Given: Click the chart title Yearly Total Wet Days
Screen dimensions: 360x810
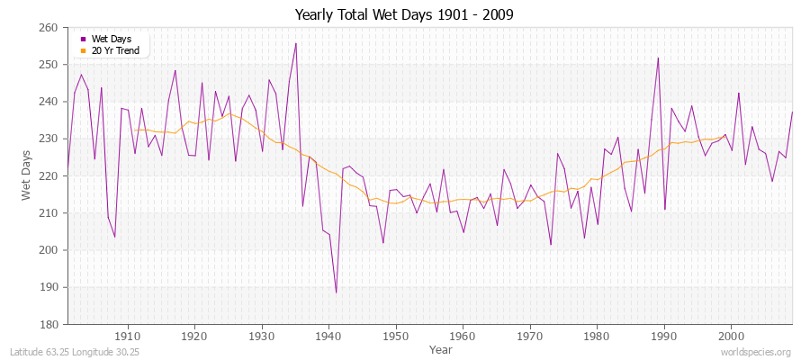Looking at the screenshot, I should (404, 15).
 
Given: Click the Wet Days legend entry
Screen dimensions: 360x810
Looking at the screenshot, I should (112, 39).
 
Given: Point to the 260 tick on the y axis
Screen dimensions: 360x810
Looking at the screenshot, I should (49, 28).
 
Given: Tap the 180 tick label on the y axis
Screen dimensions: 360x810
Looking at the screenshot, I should (49, 324).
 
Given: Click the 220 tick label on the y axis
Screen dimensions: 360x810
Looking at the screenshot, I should (49, 176).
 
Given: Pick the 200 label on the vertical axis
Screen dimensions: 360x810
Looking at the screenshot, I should (49, 250).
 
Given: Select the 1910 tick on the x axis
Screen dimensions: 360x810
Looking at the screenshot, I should (128, 336).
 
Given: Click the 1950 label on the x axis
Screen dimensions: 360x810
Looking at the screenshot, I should (395, 336).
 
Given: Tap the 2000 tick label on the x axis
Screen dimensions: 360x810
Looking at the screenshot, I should (730, 336).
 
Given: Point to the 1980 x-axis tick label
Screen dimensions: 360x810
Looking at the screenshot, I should (596, 336).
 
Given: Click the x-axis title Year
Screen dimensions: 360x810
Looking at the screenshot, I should (441, 348).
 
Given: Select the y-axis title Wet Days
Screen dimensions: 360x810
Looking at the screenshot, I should (26, 175).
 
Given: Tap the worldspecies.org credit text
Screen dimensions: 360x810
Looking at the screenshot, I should (756, 352).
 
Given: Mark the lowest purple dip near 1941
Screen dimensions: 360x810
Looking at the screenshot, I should (336, 292).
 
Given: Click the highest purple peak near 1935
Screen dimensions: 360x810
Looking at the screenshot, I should (295, 43).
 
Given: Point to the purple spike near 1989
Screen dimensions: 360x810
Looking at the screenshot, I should (658, 58).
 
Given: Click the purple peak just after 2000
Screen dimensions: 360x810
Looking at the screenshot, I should (738, 93).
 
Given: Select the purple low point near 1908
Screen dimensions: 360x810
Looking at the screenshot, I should (114, 237).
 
